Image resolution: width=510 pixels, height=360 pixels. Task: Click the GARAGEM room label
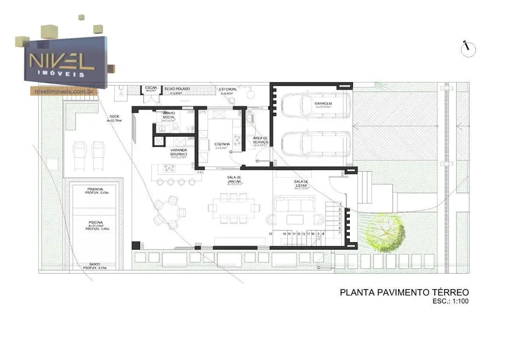coord(323,104)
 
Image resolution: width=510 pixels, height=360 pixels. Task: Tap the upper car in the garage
coord(315,105)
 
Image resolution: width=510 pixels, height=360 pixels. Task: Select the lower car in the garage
coord(315,143)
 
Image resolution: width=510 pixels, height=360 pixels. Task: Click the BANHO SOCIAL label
coord(169,115)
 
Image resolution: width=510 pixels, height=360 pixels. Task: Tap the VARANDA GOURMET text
coord(178,152)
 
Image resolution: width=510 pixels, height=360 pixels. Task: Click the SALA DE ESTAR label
coord(301,184)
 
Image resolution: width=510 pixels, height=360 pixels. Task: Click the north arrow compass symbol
coord(468,49)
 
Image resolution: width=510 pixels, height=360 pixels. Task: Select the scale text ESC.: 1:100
coord(450,302)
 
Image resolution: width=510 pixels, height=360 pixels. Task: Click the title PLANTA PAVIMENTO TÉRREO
coord(404,292)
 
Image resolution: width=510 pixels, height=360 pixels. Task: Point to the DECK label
coord(113,118)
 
